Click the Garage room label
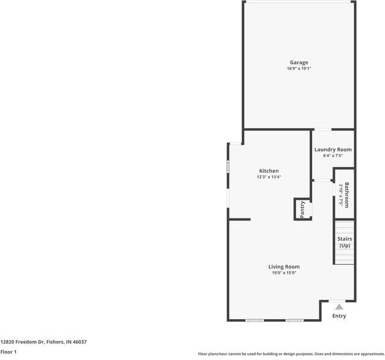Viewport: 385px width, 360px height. point(299,63)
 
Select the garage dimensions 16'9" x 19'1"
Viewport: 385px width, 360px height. point(299,69)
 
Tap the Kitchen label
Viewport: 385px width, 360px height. point(269,171)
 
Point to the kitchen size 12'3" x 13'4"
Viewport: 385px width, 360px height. point(269,177)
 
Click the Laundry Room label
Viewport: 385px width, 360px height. point(333,149)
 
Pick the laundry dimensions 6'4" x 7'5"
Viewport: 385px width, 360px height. point(333,156)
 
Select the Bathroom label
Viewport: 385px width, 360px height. point(347,195)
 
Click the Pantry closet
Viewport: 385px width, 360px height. point(302,209)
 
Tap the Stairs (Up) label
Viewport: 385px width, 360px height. point(345,242)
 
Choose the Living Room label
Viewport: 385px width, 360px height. point(284,267)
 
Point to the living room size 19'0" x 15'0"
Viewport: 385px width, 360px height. point(284,273)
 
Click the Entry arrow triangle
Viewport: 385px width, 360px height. point(339,306)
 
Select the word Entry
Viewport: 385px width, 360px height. point(339,316)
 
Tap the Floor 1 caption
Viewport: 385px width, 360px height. point(8,352)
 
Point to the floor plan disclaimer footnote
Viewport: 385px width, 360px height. point(291,354)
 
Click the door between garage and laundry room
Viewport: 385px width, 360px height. point(322,129)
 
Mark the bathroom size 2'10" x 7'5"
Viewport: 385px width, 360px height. point(340,195)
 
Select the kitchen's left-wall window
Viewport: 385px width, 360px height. point(228,167)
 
